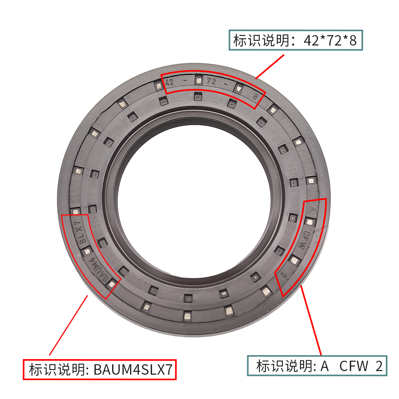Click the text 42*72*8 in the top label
coord(330,40)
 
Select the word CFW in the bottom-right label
coord(354,366)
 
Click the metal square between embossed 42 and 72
coord(198,81)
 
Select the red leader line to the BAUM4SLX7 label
coord(68,325)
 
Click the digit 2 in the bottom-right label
coord(379,366)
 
